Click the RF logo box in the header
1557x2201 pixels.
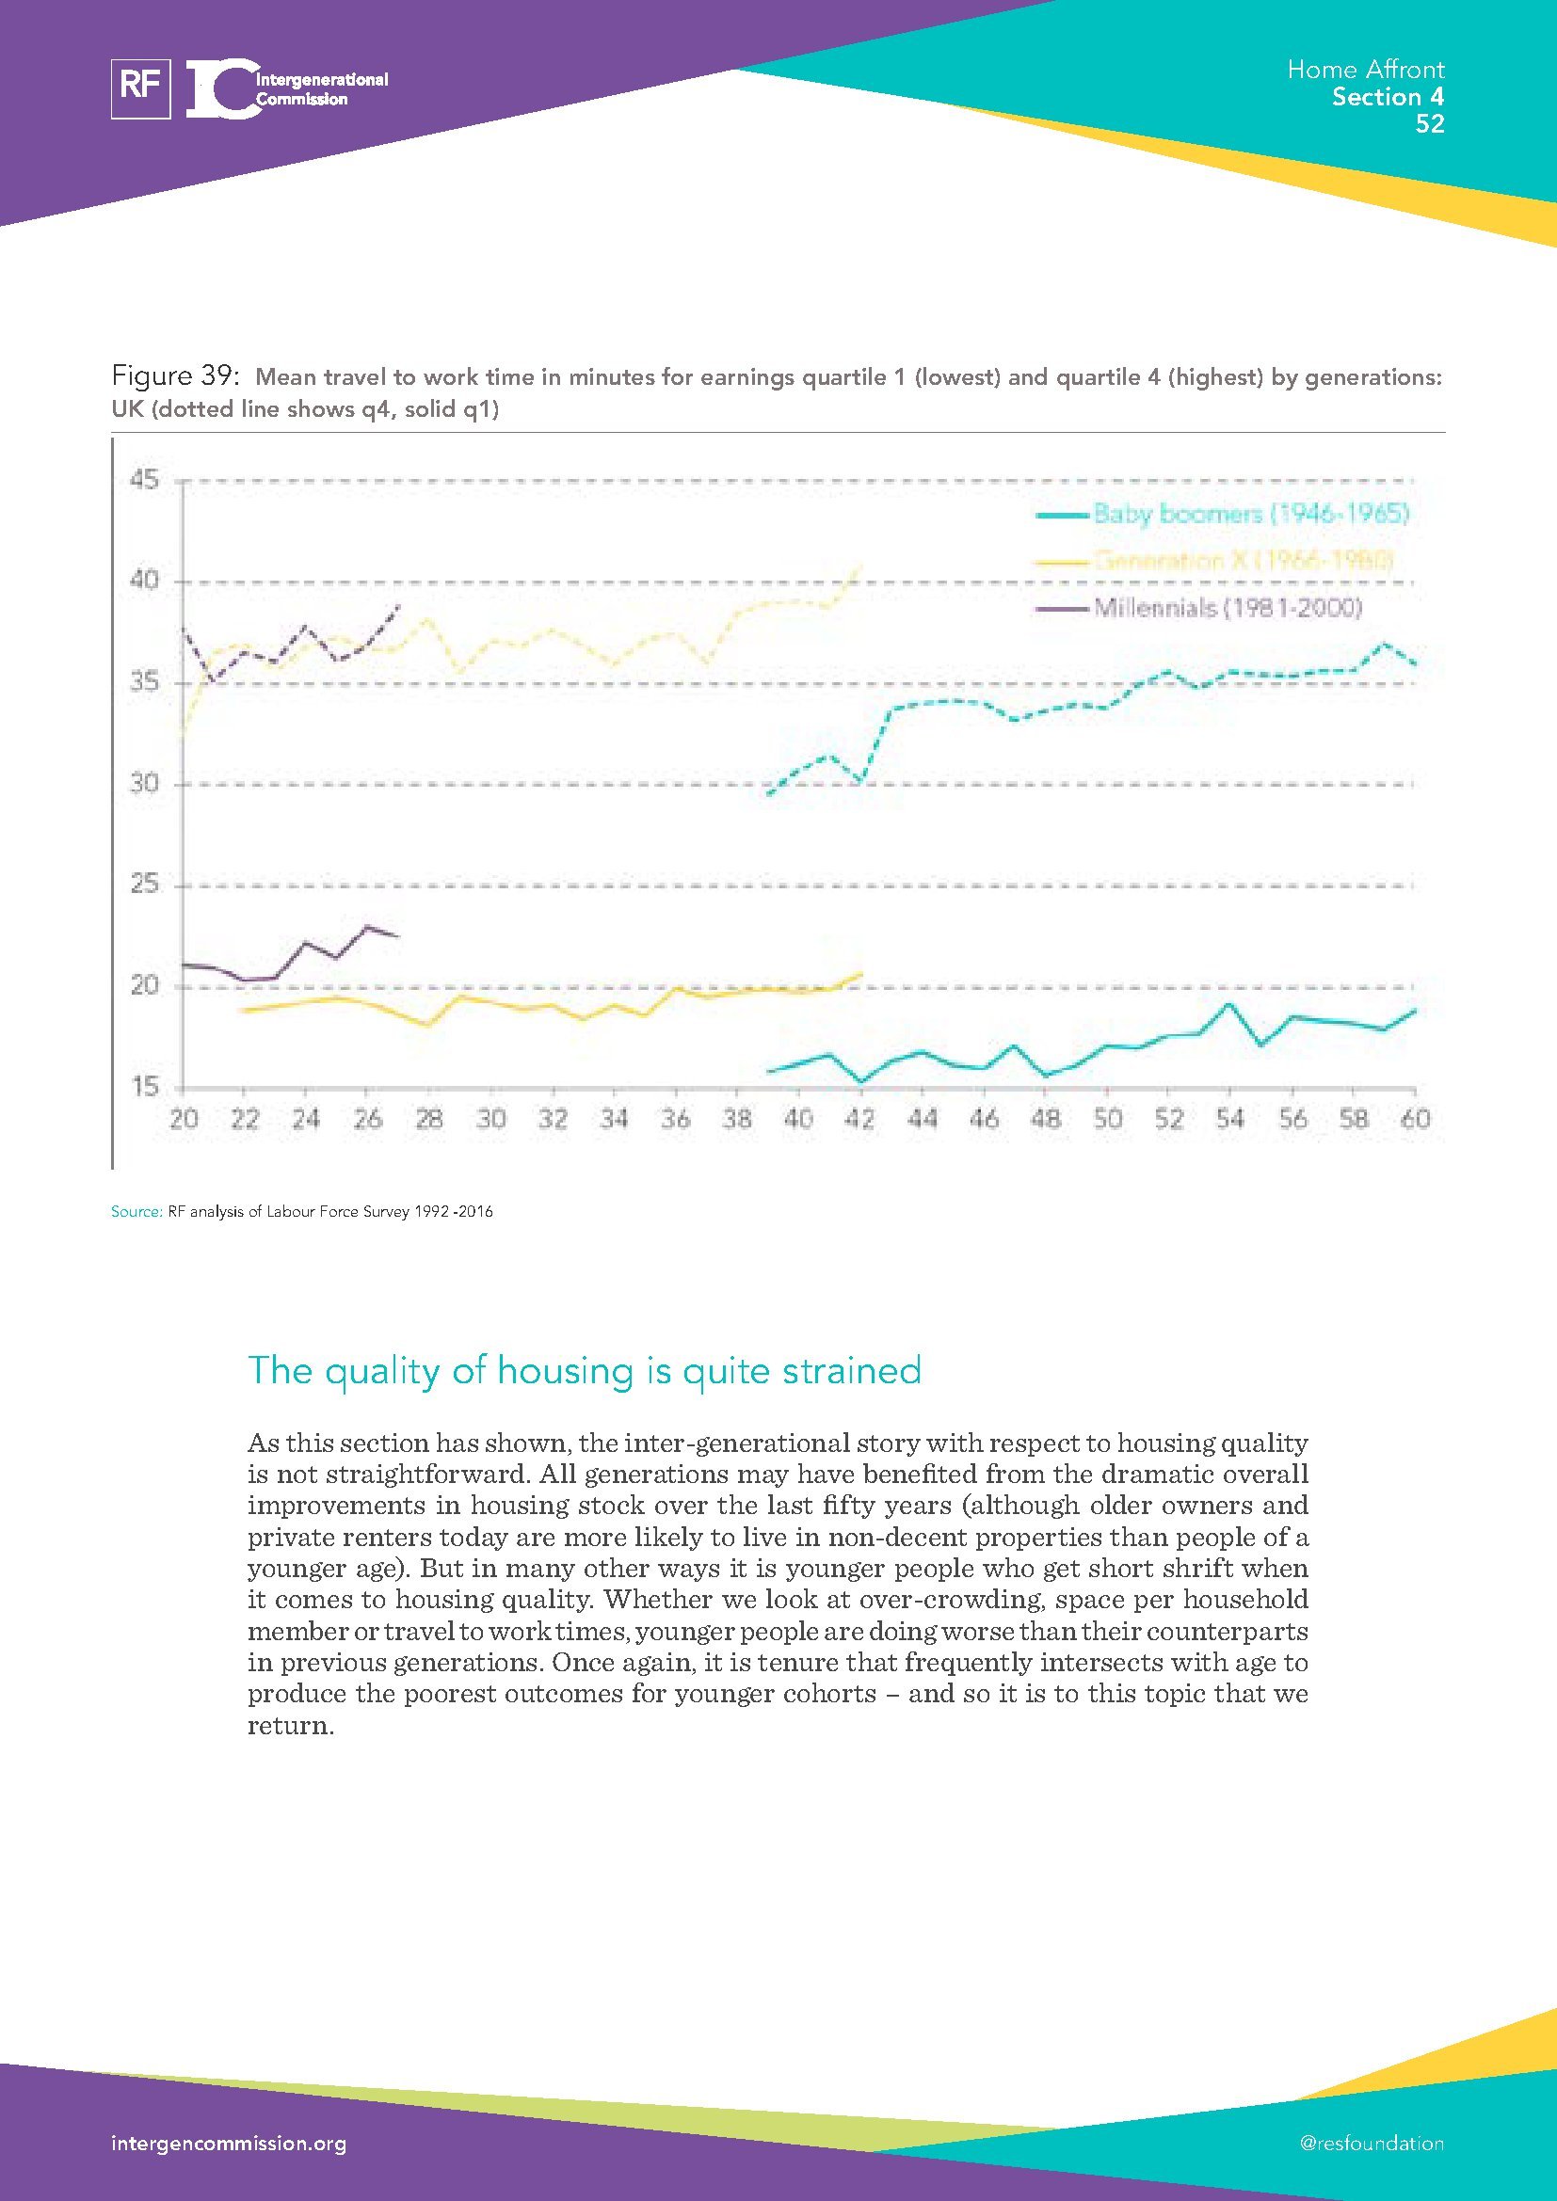pyautogui.click(x=141, y=89)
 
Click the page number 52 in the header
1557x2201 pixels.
pyautogui.click(x=1429, y=124)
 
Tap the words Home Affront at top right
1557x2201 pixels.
pyautogui.click(x=1365, y=69)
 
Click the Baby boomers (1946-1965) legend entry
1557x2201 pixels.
pyautogui.click(x=1250, y=514)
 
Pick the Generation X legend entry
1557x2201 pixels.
pyautogui.click(x=1243, y=561)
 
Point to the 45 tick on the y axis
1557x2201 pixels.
pyautogui.click(x=145, y=480)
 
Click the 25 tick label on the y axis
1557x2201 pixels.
pyautogui.click(x=145, y=885)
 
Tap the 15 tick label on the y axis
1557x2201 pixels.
pyautogui.click(x=145, y=1087)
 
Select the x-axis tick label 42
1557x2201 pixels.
pyautogui.click(x=860, y=1120)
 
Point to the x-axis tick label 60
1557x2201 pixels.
pyautogui.click(x=1415, y=1120)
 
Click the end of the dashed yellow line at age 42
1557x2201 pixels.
pyautogui.click(x=861, y=566)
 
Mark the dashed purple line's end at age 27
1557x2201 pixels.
pyautogui.click(x=398, y=606)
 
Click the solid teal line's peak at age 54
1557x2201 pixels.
pyautogui.click(x=1229, y=1004)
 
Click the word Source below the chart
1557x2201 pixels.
pyautogui.click(x=136, y=1212)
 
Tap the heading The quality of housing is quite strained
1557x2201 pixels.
pyautogui.click(x=584, y=1371)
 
